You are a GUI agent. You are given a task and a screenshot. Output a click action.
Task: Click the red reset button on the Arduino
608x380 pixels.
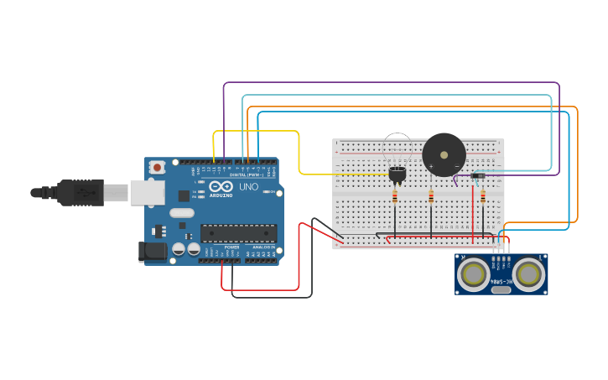tap(157, 168)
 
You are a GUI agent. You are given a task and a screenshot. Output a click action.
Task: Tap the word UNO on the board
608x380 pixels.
tap(249, 186)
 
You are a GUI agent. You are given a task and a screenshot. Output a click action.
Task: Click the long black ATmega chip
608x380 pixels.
tap(238, 233)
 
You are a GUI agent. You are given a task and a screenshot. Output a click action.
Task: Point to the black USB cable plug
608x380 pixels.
tap(80, 192)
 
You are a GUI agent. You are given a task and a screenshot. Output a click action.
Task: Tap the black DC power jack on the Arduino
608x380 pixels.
tap(153, 250)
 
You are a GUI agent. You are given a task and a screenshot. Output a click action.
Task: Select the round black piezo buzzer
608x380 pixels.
tap(444, 154)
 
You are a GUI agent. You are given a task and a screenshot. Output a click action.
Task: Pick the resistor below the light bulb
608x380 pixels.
tap(395, 198)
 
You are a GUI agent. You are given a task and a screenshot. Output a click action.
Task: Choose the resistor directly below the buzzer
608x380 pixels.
tap(431, 198)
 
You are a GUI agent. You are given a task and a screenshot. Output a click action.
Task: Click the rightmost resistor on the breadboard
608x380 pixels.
tap(483, 198)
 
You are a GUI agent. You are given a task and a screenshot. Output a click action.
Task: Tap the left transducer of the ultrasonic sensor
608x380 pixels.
tap(475, 273)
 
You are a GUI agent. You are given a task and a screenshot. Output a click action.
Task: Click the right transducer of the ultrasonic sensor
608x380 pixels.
tap(528, 273)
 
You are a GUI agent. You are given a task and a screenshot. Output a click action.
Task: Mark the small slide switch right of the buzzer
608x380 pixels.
tap(479, 175)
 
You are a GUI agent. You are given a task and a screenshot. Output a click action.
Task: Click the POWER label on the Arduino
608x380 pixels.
tap(231, 247)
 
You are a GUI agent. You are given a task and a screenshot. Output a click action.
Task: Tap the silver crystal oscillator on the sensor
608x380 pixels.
tap(501, 289)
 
